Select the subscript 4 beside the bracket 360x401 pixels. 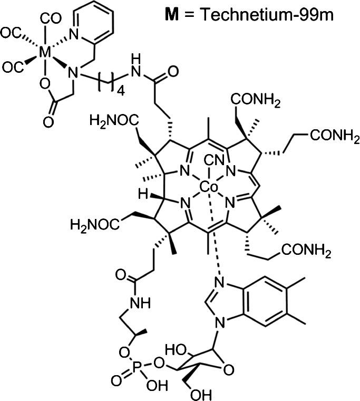tap(119, 91)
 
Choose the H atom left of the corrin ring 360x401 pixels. tap(144, 195)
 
